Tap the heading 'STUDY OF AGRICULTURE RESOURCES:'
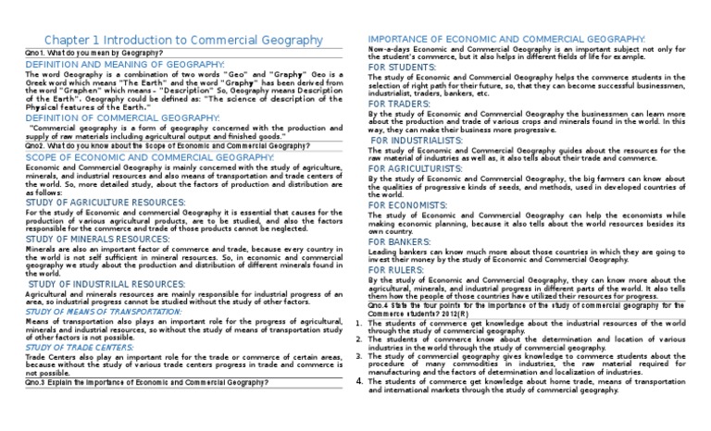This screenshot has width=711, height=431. [106, 202]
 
